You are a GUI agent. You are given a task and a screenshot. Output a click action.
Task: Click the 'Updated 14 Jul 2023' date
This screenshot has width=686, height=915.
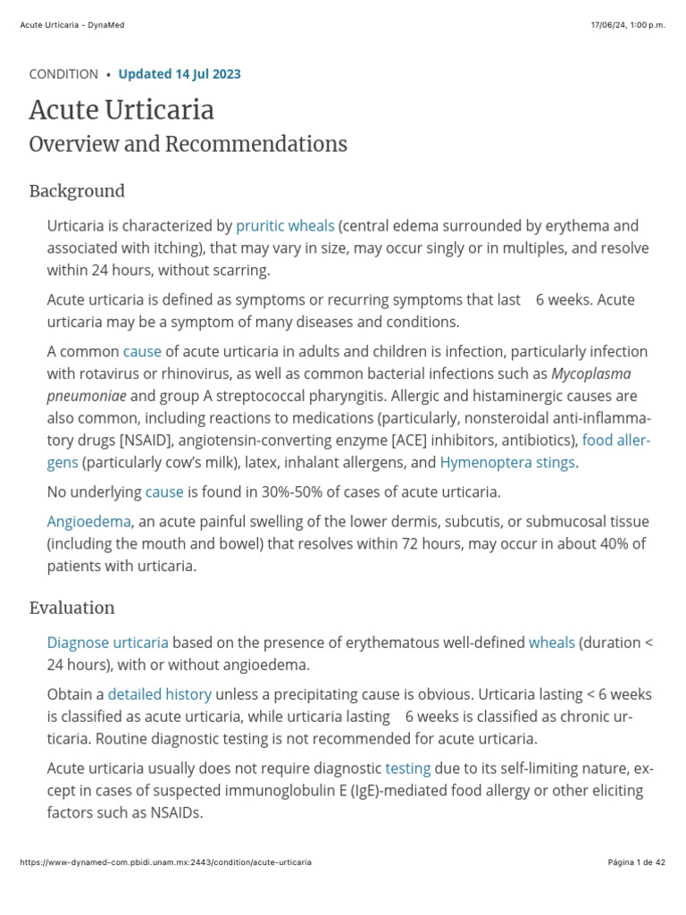[179, 74]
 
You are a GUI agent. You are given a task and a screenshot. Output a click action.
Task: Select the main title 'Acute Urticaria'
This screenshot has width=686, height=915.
[121, 111]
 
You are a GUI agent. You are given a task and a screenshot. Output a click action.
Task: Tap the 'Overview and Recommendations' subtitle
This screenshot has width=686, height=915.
[188, 144]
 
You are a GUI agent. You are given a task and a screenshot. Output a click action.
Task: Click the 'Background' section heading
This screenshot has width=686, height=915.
[77, 191]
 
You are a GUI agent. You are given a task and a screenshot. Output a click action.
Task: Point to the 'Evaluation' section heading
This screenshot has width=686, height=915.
[71, 608]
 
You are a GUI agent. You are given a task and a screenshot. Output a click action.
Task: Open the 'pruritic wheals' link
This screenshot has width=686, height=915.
[285, 226]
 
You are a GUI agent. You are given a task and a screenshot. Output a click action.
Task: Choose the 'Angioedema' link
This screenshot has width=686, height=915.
[88, 521]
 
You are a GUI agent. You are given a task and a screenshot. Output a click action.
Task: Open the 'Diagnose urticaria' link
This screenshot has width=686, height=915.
[107, 642]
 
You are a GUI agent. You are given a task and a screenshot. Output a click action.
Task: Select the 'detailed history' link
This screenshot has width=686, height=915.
[160, 694]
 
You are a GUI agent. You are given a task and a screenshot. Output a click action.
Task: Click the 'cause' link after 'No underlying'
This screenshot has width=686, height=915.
[164, 491]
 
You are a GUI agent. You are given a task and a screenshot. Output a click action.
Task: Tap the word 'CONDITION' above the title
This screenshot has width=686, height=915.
[63, 74]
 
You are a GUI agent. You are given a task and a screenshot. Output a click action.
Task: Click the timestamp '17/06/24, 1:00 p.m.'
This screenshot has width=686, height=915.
[628, 25]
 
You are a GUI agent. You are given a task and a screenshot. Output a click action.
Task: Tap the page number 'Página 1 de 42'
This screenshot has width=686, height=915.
[636, 862]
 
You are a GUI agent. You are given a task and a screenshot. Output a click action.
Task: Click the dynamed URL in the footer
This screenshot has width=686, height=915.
[165, 862]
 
